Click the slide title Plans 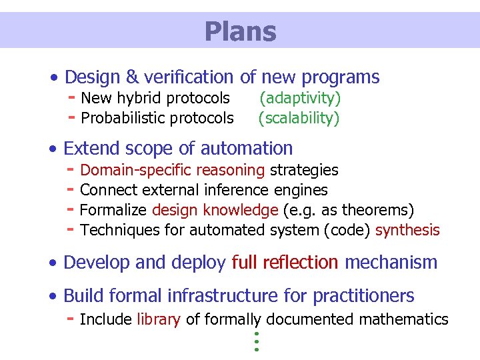(x=240, y=31)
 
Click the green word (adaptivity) (x=299, y=99)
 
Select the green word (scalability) (x=299, y=119)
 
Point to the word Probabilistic (x=122, y=119)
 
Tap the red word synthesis (x=407, y=230)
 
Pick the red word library (x=159, y=319)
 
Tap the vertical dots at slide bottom (x=256, y=341)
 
